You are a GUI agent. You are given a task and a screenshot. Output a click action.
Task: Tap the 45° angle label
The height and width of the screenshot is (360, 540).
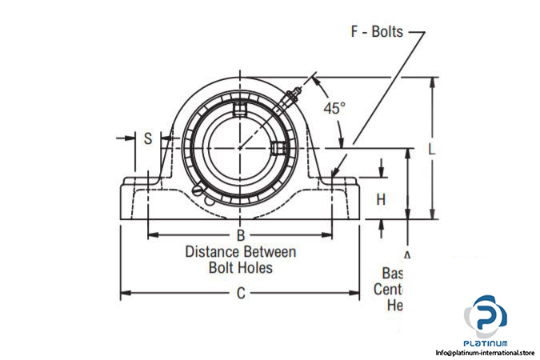334,107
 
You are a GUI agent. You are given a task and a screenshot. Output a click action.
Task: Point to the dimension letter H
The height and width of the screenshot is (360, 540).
382,199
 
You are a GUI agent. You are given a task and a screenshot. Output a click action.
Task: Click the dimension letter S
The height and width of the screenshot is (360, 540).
148,138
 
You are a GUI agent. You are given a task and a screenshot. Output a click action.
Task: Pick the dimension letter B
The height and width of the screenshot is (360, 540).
239,235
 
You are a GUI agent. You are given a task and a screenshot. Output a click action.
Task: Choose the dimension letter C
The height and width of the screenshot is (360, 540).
240,293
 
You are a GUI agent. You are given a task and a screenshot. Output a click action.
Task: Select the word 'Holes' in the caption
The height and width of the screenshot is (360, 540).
255,268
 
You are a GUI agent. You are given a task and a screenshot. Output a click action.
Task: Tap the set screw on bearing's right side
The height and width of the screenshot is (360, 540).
278,148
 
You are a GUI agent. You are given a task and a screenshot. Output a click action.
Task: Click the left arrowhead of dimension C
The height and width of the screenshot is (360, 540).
123,293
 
